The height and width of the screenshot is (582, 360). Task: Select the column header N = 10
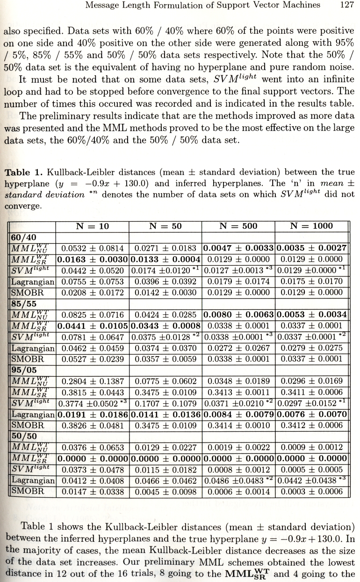pyautogui.click(x=92, y=226)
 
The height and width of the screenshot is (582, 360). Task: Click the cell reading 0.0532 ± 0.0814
pyautogui.click(x=92, y=248)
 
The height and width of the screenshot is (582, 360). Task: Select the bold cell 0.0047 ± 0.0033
pyautogui.click(x=238, y=248)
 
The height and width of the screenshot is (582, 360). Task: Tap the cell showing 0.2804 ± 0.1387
pyautogui.click(x=92, y=381)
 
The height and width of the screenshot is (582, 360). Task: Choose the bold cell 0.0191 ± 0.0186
pyautogui.click(x=93, y=415)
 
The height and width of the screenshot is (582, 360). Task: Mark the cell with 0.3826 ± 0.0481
pyautogui.click(x=92, y=426)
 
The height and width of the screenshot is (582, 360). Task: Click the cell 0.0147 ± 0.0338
pyautogui.click(x=92, y=492)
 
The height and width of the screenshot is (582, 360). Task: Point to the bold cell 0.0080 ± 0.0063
pyautogui.click(x=238, y=315)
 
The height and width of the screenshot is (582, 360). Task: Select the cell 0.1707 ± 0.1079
pyautogui.click(x=165, y=404)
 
